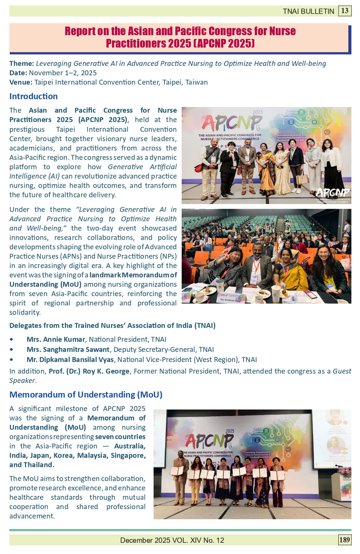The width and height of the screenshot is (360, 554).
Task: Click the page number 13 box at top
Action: (345, 10)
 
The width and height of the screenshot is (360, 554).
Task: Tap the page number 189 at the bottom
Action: (344, 539)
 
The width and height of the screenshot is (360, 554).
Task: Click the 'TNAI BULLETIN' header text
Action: (308, 11)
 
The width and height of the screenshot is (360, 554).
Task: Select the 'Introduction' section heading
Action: (33, 96)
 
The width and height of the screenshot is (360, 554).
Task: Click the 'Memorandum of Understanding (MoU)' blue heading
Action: (86, 395)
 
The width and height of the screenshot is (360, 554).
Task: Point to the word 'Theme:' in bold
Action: (22, 64)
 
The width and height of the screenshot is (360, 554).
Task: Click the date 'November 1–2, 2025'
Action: (63, 73)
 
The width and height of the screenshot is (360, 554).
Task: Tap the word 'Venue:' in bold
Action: (21, 82)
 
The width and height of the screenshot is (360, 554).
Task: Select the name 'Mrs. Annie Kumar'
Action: (56, 340)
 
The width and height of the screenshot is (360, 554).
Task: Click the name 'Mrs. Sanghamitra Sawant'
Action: (68, 350)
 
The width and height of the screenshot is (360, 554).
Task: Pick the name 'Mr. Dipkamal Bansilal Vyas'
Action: (70, 360)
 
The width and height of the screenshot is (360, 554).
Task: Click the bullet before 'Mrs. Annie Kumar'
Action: (12, 340)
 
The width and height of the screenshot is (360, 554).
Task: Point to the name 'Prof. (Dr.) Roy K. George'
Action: (89, 371)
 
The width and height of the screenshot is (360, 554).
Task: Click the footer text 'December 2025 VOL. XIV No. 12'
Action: (172, 540)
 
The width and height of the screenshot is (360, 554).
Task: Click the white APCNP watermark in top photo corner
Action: (332, 193)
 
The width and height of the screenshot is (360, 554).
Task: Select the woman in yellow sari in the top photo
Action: (266, 168)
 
